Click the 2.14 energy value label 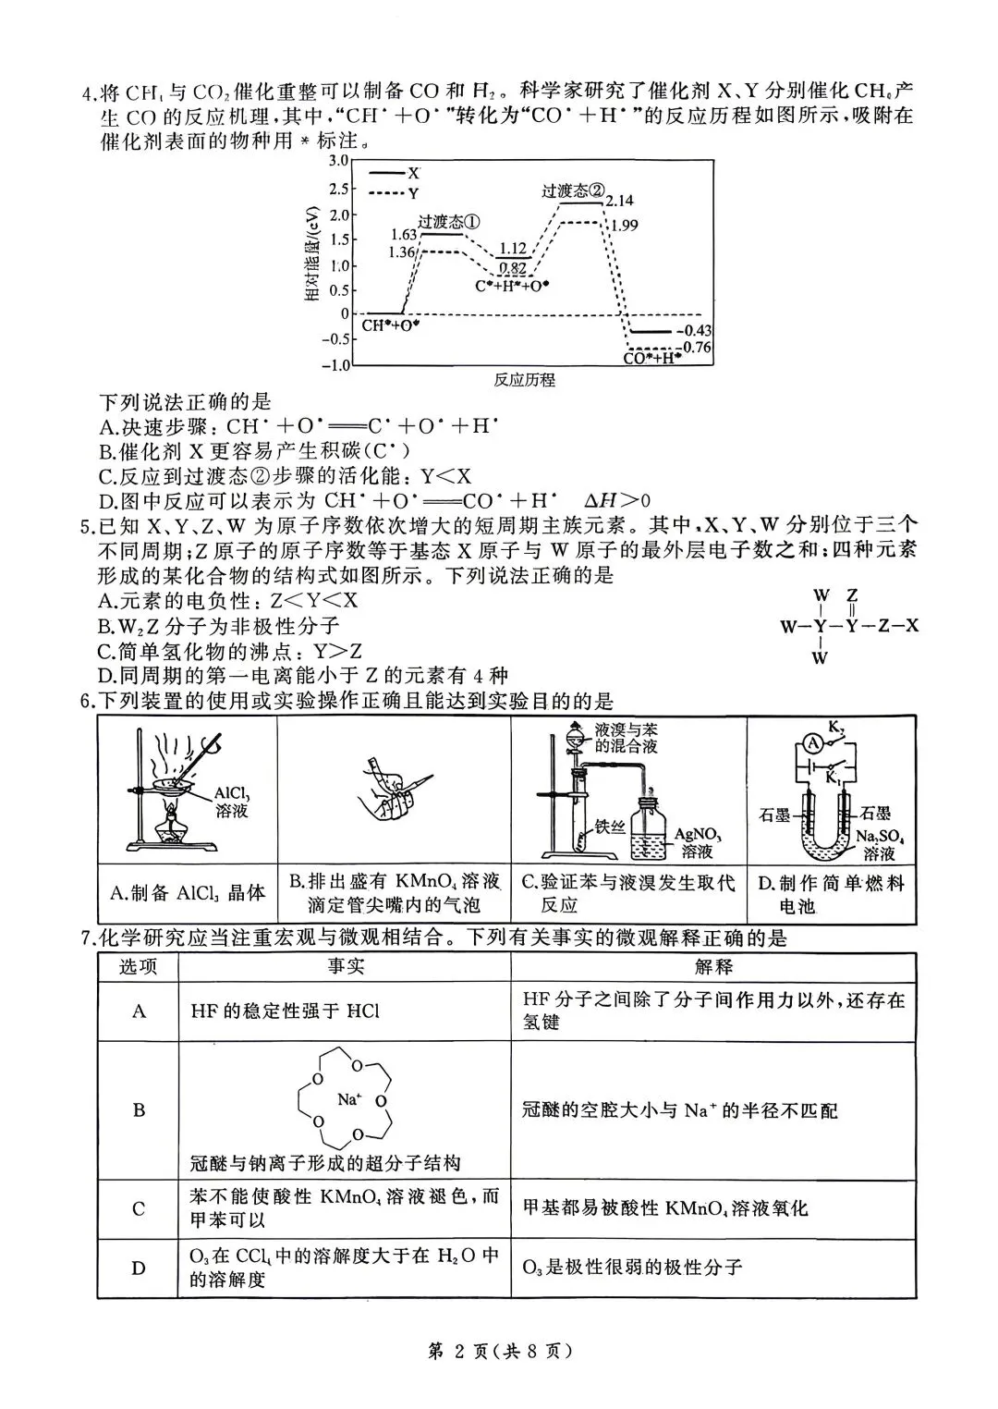620,201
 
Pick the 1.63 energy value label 404,235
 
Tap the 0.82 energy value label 512,268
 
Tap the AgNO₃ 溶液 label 698,841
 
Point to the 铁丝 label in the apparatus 612,826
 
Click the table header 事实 345,967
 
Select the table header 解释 713,967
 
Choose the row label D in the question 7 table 139,1268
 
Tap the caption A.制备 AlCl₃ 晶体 188,892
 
